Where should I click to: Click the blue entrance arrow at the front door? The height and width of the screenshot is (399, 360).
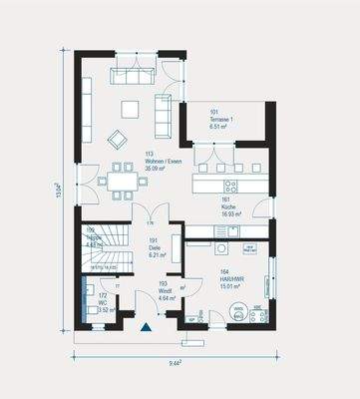[x=147, y=326]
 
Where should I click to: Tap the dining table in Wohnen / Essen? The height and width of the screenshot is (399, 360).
[x=123, y=181]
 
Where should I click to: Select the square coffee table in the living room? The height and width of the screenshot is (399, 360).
[x=131, y=108]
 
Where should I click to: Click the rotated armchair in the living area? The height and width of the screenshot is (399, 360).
[x=118, y=139]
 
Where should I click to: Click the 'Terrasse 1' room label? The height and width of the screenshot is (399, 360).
[x=220, y=121]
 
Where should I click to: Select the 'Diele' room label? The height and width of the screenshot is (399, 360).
[x=155, y=247]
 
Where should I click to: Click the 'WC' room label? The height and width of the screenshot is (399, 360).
[x=102, y=303]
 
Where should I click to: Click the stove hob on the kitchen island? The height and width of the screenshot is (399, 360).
[x=230, y=186]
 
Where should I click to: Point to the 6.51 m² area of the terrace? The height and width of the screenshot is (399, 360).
[x=220, y=128]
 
